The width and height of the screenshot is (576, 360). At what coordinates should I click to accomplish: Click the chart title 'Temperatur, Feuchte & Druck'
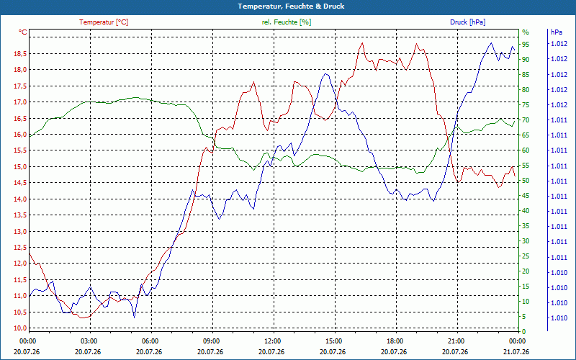point(291,6)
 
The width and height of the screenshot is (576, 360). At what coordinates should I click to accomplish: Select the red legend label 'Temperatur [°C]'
point(104,22)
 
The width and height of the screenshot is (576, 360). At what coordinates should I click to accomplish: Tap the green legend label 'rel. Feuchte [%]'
point(286,22)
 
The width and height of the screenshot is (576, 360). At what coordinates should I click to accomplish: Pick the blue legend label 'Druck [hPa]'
point(467,22)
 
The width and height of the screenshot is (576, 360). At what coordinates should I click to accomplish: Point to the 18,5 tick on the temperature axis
point(20,54)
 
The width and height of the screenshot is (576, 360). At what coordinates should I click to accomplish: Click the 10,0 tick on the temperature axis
point(20,328)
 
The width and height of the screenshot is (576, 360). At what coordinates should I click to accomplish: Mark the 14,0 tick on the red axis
point(20,199)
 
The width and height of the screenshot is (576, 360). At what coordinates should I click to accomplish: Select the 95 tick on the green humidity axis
point(526,45)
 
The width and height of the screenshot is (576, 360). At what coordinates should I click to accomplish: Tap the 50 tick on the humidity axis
point(526,181)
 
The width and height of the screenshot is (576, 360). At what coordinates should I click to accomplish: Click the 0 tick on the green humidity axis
point(524,332)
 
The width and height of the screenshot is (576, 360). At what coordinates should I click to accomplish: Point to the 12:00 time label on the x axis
point(272,341)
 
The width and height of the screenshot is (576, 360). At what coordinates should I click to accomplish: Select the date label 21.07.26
point(516,351)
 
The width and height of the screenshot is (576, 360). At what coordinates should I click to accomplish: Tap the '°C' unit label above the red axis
point(23,32)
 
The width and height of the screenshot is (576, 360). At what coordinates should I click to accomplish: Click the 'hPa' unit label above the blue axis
point(556,32)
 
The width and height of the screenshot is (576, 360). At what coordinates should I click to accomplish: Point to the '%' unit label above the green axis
point(526,32)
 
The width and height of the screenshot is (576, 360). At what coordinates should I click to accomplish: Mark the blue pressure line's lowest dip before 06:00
point(135,318)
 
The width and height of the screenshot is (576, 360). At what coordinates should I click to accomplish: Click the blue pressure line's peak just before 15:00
point(325,74)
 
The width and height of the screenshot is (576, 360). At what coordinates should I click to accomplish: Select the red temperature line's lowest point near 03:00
point(82,318)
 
